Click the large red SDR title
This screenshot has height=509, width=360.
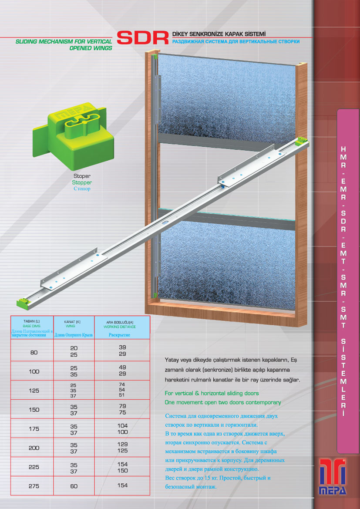pos(142,38)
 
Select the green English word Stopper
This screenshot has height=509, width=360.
pos(82,182)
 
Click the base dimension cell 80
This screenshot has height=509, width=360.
pos(34,353)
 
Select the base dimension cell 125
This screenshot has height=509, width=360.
pos(34,391)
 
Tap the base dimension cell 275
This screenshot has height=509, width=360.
pos(34,486)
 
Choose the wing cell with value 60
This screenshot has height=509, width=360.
pos(74,486)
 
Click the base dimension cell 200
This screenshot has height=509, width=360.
pos(34,448)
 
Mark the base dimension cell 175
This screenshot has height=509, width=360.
pos(34,428)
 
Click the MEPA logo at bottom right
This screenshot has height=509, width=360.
pos(333,476)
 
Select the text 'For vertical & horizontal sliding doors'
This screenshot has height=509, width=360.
pos(212,393)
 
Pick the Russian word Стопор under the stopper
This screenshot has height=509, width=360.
pos(82,189)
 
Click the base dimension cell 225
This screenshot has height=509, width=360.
pos(34,467)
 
